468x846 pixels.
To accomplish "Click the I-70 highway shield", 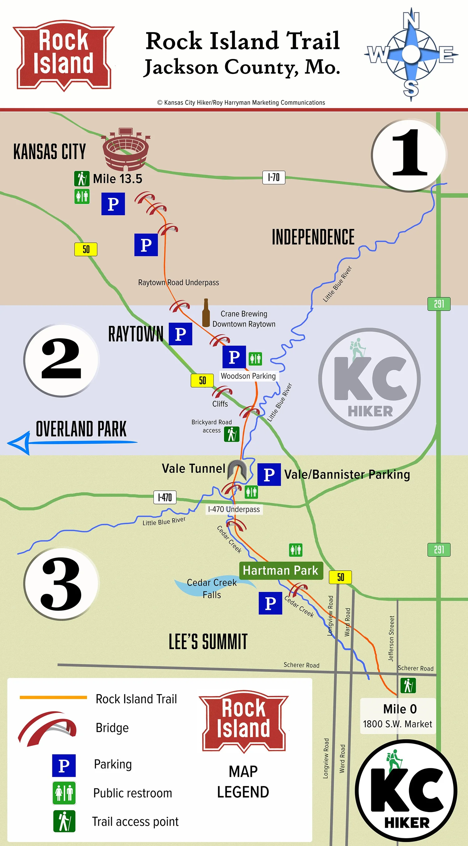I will click(x=273, y=177).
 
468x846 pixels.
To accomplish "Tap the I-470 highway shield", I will click(x=165, y=497).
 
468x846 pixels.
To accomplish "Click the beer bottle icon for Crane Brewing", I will click(x=206, y=313).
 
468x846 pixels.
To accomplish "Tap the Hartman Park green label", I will click(x=280, y=570).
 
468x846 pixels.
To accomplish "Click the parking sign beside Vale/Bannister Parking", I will click(x=269, y=474).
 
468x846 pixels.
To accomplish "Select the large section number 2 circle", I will click(x=61, y=360).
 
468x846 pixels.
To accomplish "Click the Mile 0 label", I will click(x=400, y=709).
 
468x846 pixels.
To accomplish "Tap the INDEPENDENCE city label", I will click(x=313, y=237).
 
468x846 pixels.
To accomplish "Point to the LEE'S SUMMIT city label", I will click(x=208, y=642).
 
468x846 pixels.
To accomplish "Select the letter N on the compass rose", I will click(x=411, y=20).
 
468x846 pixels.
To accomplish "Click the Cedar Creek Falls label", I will click(x=212, y=588).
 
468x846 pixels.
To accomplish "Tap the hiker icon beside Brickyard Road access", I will click(x=232, y=434).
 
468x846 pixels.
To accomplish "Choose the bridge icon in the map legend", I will click(x=48, y=728).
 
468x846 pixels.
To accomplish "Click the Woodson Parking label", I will click(x=248, y=376).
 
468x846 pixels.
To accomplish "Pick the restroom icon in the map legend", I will click(x=64, y=793).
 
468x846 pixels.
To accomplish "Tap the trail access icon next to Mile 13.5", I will click(x=81, y=178).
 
